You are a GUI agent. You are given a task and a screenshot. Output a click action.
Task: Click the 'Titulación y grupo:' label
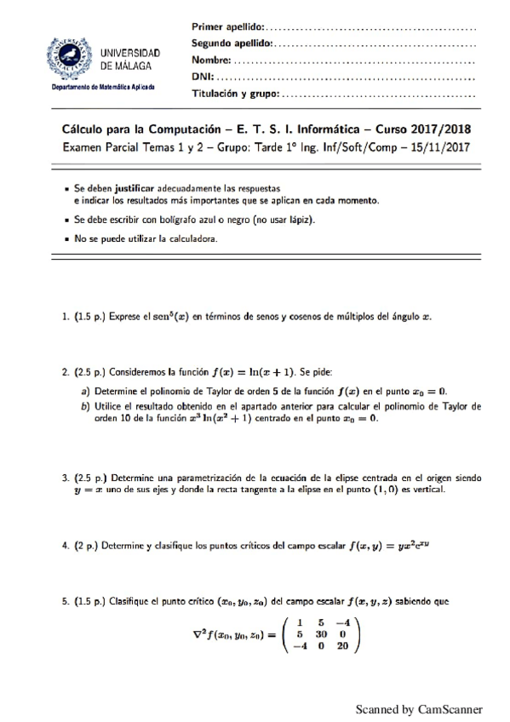pyautogui.click(x=235, y=94)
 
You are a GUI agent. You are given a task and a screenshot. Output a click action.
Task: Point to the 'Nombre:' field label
pyautogui.click(x=211, y=60)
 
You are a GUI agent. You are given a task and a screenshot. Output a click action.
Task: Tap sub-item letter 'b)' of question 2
pyautogui.click(x=85, y=407)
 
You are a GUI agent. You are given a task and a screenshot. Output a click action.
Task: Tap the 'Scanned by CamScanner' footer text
pyautogui.click(x=419, y=708)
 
